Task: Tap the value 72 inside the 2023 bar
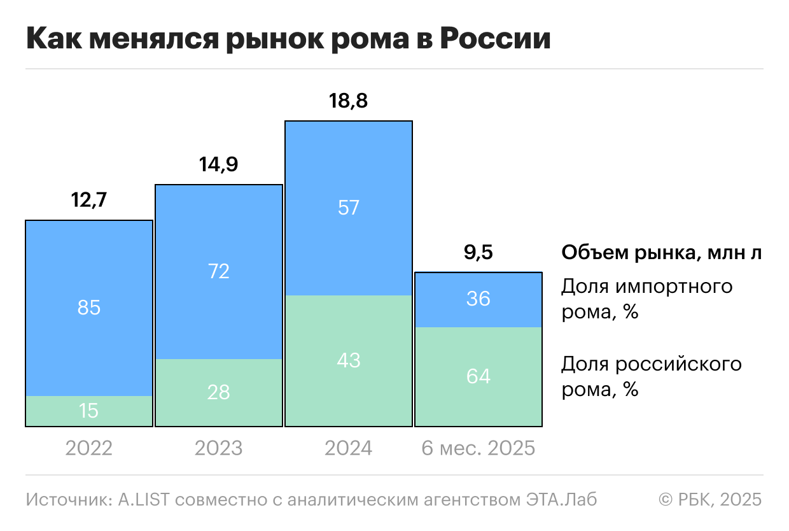click(219, 272)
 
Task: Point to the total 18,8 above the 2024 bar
click(349, 101)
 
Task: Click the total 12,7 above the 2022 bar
click(89, 201)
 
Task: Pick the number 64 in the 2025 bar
click(478, 376)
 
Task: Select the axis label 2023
click(219, 448)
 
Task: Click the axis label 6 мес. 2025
click(478, 448)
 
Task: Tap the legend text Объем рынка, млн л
click(661, 253)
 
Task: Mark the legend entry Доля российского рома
click(651, 376)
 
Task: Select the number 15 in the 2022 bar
click(89, 411)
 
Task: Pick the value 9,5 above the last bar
click(478, 253)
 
